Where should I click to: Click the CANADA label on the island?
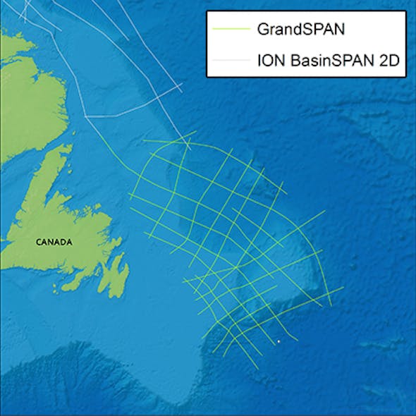coord(54,242)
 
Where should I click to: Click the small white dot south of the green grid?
coord(279,342)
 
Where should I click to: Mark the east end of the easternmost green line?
coord(343,287)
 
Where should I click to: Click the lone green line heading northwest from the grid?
coord(113,152)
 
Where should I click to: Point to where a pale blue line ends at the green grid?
coord(190,148)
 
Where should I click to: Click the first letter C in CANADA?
coord(38,242)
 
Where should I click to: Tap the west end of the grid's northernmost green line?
coord(144,142)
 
